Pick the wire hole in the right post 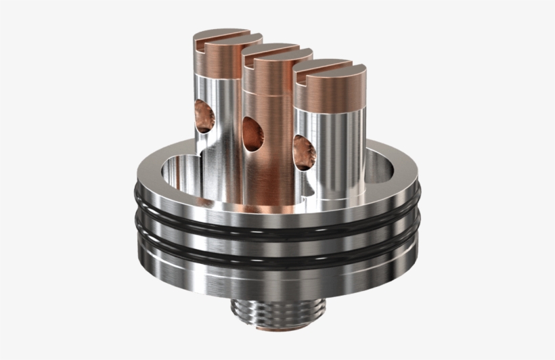pyautogui.click(x=305, y=150)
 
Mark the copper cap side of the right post pyautogui.click(x=335, y=95)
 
